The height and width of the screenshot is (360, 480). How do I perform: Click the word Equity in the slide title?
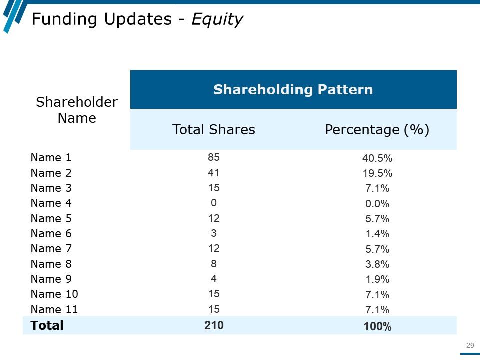(217, 19)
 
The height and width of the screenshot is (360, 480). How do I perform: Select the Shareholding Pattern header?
(293, 90)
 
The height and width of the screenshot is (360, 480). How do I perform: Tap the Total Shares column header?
(213, 130)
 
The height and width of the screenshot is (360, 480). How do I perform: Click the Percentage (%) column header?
(377, 130)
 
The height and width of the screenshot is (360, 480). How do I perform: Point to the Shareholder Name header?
(77, 110)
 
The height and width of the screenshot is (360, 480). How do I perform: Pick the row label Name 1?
(51, 158)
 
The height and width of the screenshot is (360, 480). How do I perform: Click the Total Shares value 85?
(214, 158)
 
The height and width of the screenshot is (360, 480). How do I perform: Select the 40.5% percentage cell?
(377, 159)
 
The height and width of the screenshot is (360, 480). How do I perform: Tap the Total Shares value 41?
(214, 173)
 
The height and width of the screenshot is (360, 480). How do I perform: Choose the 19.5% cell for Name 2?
(377, 174)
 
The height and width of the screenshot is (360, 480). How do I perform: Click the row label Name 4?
(51, 203)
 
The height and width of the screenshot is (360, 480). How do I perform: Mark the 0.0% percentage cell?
(377, 204)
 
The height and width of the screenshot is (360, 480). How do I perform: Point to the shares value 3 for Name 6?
(214, 233)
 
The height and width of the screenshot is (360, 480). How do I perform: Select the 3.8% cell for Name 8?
(377, 264)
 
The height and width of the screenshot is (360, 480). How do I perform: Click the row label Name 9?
(51, 279)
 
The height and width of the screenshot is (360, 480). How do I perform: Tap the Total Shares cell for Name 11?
(214, 309)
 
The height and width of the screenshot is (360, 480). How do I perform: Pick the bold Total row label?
(47, 325)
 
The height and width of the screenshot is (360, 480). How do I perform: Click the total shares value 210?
(214, 325)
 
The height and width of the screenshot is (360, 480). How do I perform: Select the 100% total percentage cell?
(377, 327)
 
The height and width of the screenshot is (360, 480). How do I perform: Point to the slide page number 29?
(470, 345)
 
